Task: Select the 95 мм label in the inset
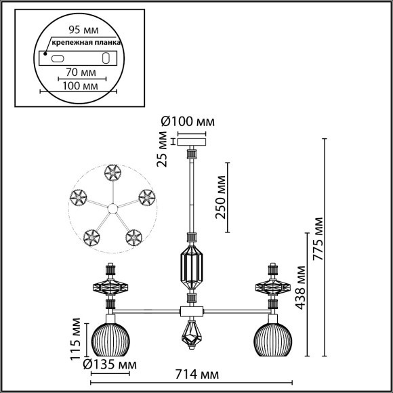(80, 30)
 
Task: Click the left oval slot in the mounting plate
(58, 59)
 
